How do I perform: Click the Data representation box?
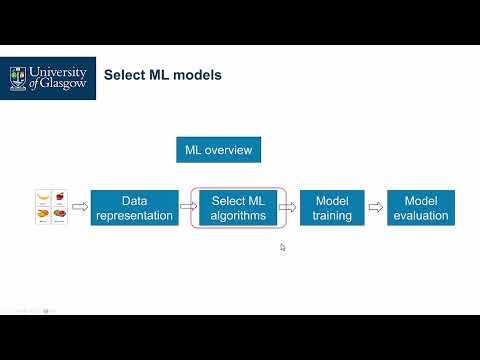coord(135,208)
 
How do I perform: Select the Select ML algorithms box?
coord(239,208)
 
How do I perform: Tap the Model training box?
coord(332,208)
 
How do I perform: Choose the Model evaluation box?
coord(421,208)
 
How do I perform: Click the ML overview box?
coord(219,151)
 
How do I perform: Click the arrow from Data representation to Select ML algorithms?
coord(187,208)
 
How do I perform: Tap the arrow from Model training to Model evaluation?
coord(375,208)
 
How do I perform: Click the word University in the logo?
coord(60,72)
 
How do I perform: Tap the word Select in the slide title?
coord(126,75)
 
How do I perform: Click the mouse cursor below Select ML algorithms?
coord(283,247)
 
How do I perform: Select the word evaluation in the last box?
coord(421,215)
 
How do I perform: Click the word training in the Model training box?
coord(332,215)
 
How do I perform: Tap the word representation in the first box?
coord(135,215)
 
